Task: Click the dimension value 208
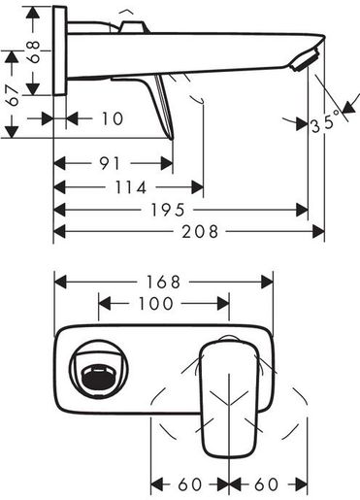tap(200, 232)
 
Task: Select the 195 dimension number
tap(168, 210)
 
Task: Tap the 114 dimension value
tap(131, 187)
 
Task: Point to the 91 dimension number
tap(110, 164)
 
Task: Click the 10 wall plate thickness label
tap(113, 118)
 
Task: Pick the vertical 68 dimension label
tap(34, 51)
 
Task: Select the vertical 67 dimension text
tap(14, 96)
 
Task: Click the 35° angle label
tap(326, 122)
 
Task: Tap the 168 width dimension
tap(163, 282)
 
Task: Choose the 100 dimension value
tap(156, 304)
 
